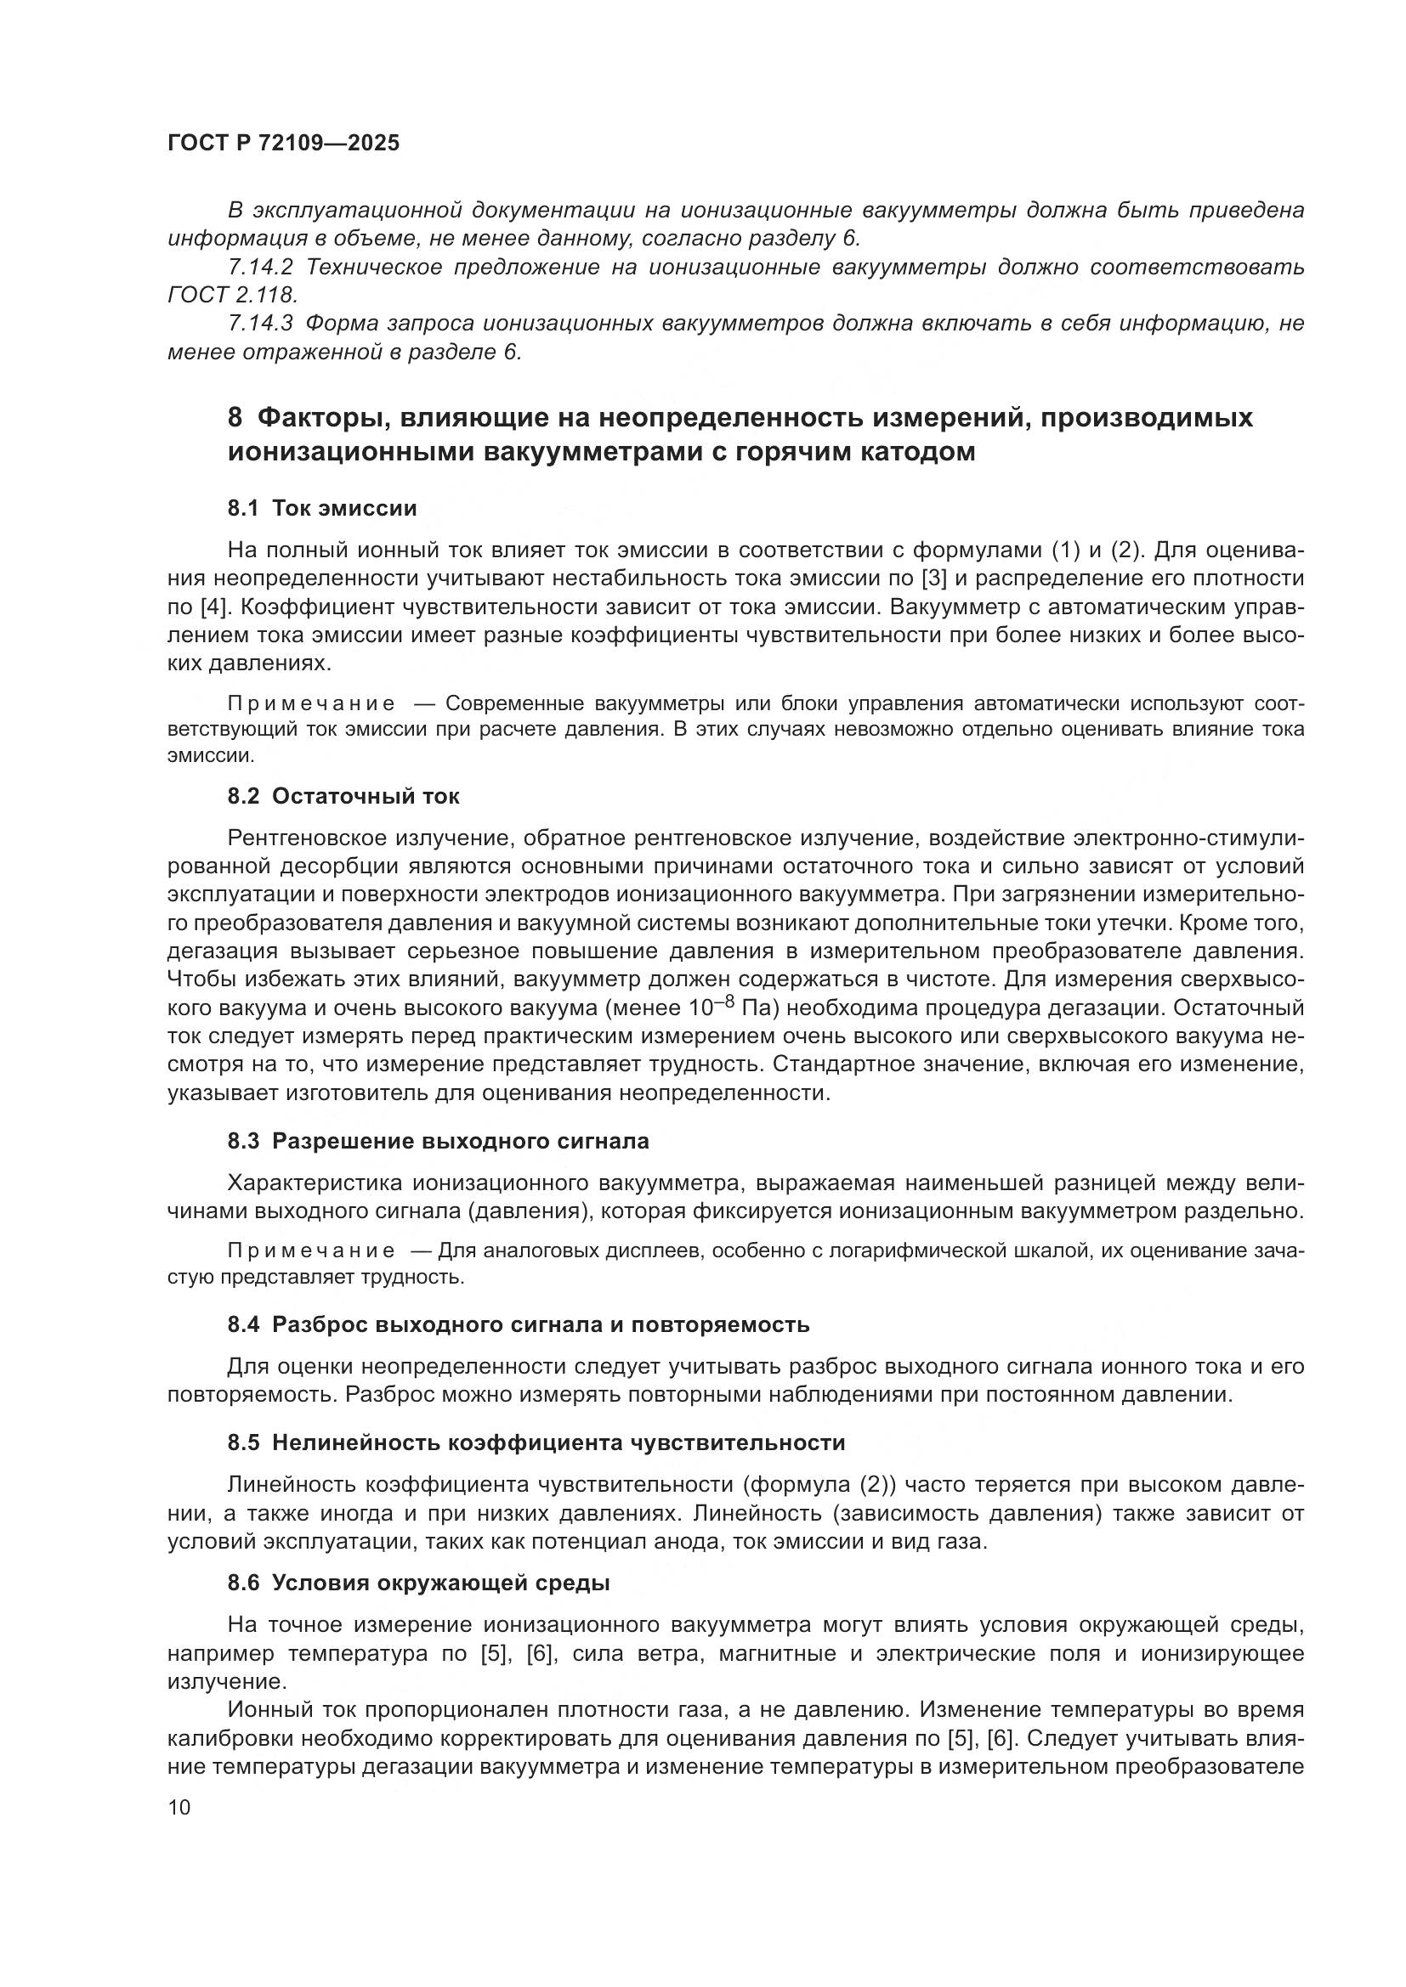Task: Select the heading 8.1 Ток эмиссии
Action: [322, 508]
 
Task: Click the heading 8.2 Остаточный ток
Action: [343, 796]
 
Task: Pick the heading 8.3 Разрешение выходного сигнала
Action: [438, 1141]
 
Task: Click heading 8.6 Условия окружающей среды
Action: [419, 1583]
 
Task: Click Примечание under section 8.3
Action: [311, 1251]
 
